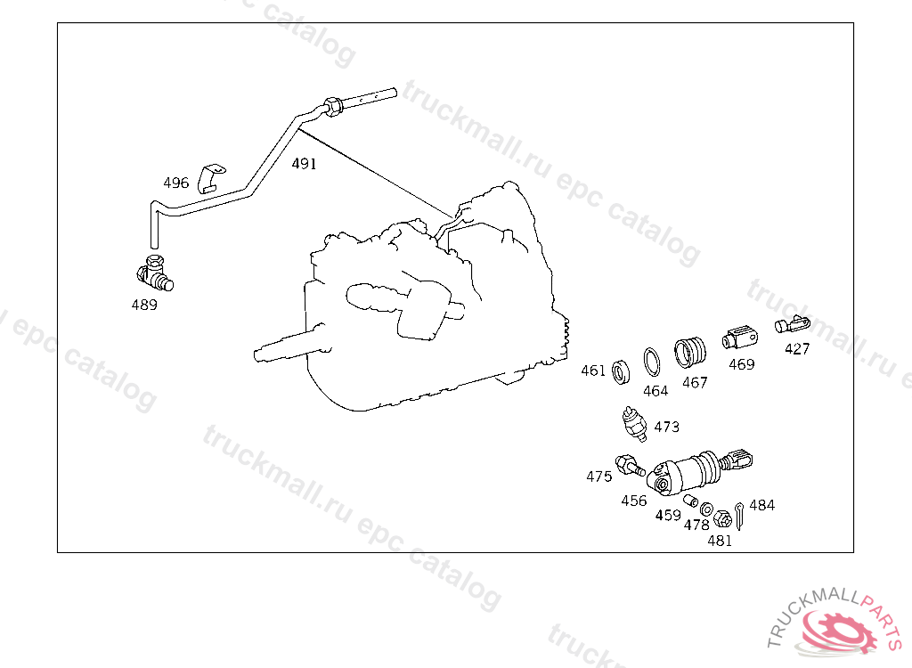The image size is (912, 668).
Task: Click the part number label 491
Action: pos(304,164)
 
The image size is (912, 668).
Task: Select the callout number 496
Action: pos(175,183)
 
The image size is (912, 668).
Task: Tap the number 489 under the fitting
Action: pos(143,305)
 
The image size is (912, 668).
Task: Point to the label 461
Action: pos(593,371)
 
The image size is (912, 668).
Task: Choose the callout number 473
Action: pos(666,427)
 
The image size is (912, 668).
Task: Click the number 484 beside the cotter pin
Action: pos(761,505)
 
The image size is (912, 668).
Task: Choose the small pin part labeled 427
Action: pos(792,324)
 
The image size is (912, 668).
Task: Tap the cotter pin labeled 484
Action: pos(739,514)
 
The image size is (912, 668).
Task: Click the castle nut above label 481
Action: pos(722,517)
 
